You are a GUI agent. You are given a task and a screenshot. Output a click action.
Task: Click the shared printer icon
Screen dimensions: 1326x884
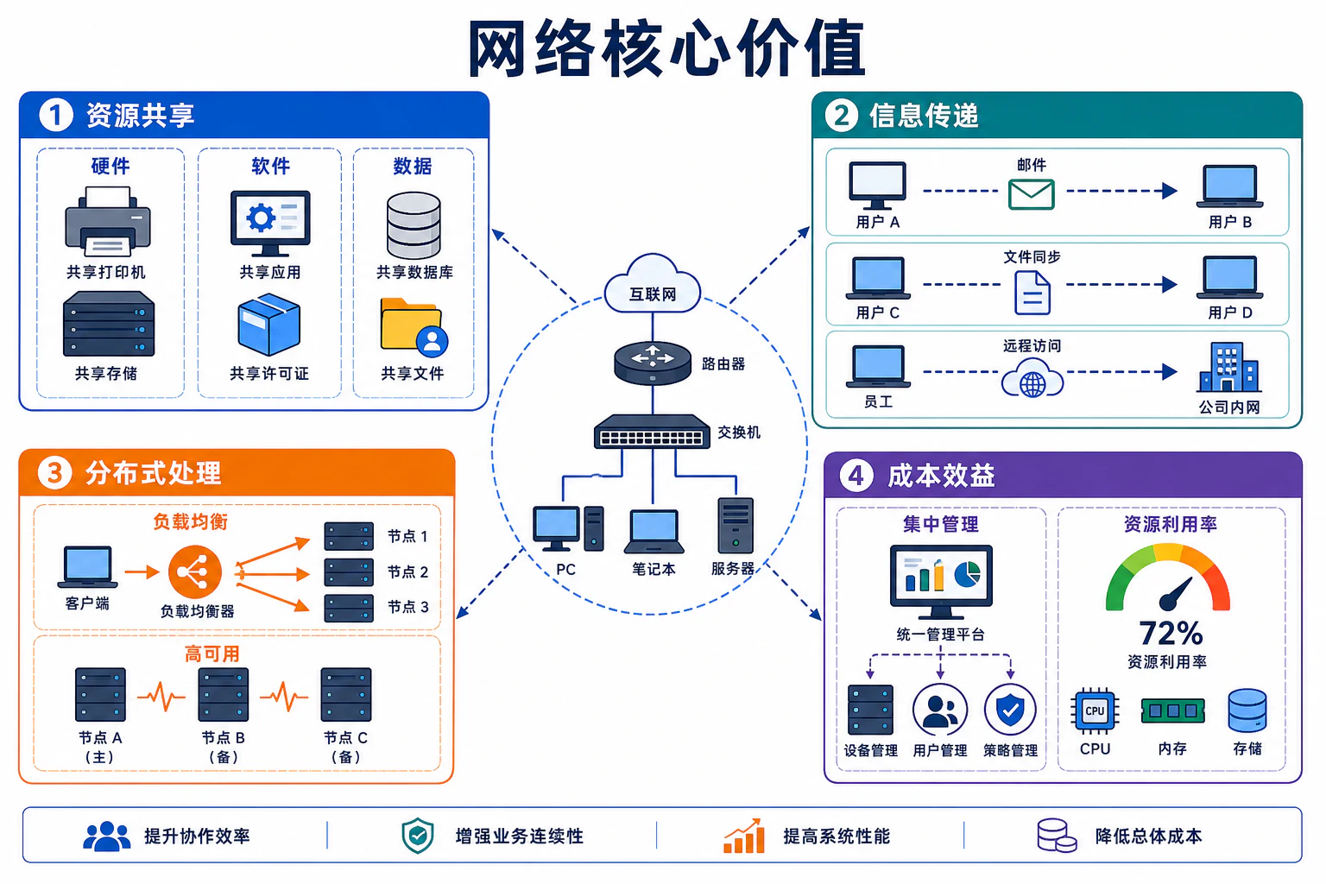[x=108, y=222]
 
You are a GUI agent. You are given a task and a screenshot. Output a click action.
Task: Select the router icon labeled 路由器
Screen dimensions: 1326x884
[x=653, y=363]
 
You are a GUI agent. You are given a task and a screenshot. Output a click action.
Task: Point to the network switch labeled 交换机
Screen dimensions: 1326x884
[x=652, y=431]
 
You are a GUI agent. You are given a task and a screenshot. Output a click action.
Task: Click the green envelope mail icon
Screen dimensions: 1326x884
[x=1032, y=194]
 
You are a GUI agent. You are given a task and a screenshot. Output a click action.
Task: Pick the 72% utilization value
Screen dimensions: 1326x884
[x=1171, y=633]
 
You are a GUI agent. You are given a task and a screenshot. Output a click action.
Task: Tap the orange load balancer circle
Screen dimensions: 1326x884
[x=195, y=572]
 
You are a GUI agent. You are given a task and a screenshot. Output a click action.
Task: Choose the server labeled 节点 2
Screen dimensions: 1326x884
[x=349, y=572]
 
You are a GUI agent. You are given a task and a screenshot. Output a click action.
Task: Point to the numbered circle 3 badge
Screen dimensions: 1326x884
[x=55, y=473]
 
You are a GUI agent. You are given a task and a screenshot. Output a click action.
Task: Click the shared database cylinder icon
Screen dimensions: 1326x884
[x=414, y=225]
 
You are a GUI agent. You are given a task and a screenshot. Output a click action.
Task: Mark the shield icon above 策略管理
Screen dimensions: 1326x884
[x=1010, y=710]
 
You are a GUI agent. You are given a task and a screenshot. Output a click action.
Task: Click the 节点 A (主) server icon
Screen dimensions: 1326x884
[x=100, y=695]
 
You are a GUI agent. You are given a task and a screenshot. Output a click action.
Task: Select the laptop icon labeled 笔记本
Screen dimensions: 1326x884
[x=654, y=531]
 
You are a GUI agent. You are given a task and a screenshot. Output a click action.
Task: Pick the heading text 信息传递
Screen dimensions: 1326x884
[x=924, y=116]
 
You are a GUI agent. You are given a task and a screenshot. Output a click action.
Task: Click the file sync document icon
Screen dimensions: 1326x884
[x=1032, y=293]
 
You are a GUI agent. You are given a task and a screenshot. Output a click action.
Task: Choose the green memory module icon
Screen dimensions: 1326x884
[x=1172, y=710]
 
